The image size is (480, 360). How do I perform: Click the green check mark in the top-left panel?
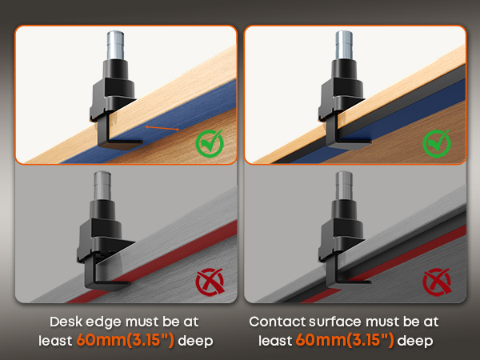(x=210, y=143)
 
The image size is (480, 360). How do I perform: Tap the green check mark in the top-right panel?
(x=437, y=143)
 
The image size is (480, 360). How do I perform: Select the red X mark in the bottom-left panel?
(x=210, y=282)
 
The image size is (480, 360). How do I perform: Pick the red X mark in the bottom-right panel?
(x=437, y=282)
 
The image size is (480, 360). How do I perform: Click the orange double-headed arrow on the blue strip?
(x=162, y=128)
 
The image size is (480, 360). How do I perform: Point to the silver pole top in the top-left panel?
(x=115, y=45)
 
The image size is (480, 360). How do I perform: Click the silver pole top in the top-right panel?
(x=344, y=45)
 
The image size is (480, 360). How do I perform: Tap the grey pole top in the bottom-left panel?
(x=102, y=186)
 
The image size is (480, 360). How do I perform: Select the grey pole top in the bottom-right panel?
(x=344, y=186)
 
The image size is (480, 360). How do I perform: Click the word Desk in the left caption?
(x=66, y=322)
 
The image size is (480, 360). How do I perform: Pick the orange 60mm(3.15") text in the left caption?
(x=126, y=341)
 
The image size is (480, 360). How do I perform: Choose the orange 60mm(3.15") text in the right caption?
(x=345, y=341)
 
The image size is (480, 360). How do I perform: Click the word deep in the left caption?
(x=195, y=341)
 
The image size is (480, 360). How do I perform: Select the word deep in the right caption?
(x=415, y=341)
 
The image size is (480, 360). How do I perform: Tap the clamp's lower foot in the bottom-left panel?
(x=107, y=286)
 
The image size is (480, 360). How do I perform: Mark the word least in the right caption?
(x=275, y=341)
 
